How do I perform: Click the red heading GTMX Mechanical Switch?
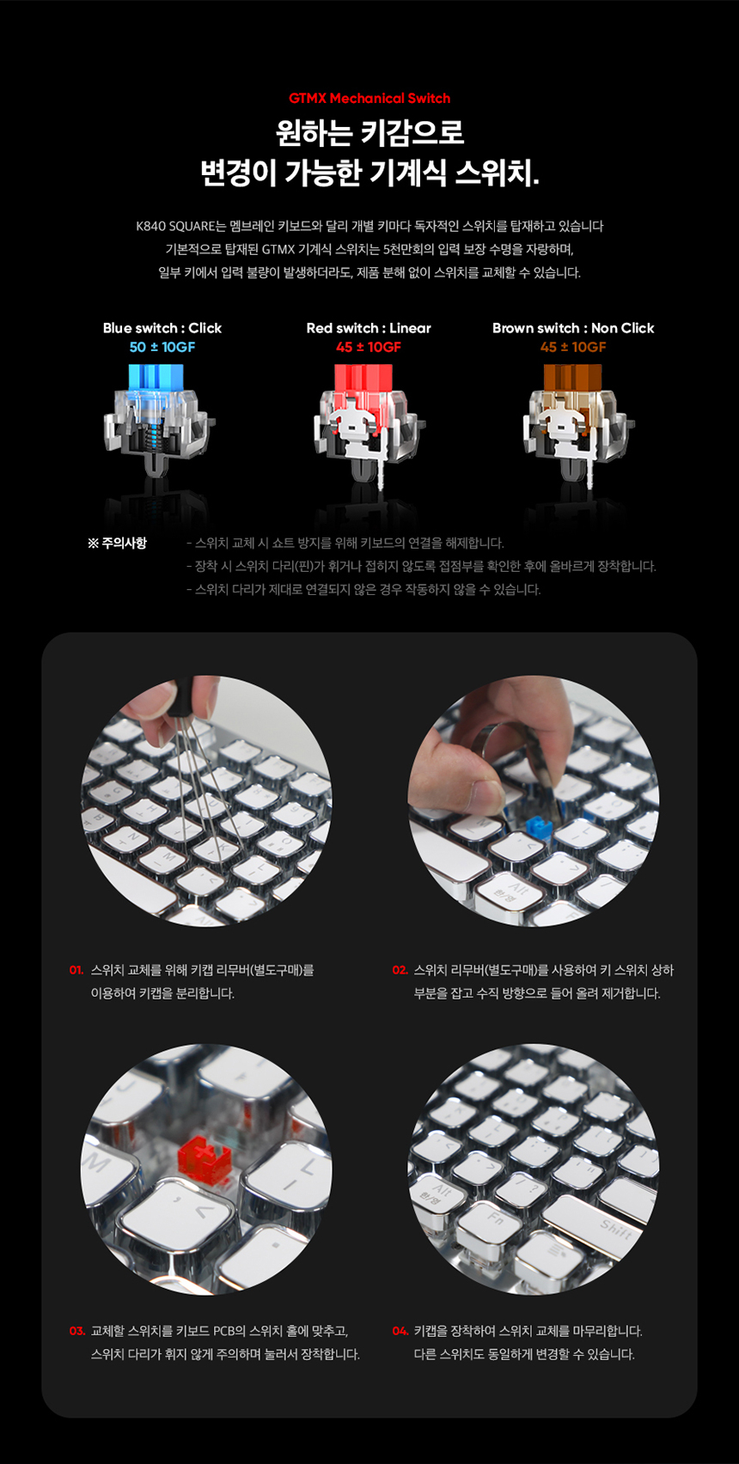point(369,99)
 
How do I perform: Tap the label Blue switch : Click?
point(162,328)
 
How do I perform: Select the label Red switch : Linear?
point(369,328)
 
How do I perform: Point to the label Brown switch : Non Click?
point(573,328)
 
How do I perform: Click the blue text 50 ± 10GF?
point(162,347)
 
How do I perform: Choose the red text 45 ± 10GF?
point(369,347)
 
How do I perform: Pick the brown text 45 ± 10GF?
point(573,347)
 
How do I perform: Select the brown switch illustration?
point(575,421)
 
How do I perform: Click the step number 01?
point(76,970)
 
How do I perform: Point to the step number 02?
point(400,970)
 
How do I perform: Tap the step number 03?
point(76,1331)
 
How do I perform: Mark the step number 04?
point(400,1331)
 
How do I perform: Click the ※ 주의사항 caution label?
point(117,544)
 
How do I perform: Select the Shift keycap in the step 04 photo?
point(615,1230)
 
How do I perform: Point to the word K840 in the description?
point(151,227)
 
